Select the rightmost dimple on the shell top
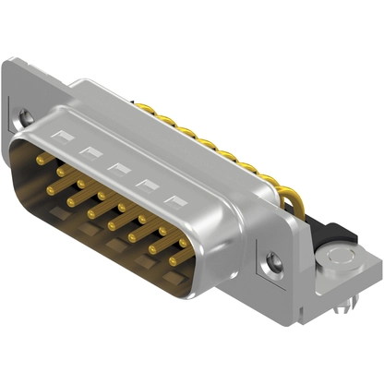point(173,199)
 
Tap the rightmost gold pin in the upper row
point(183,245)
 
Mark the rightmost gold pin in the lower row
point(174,261)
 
